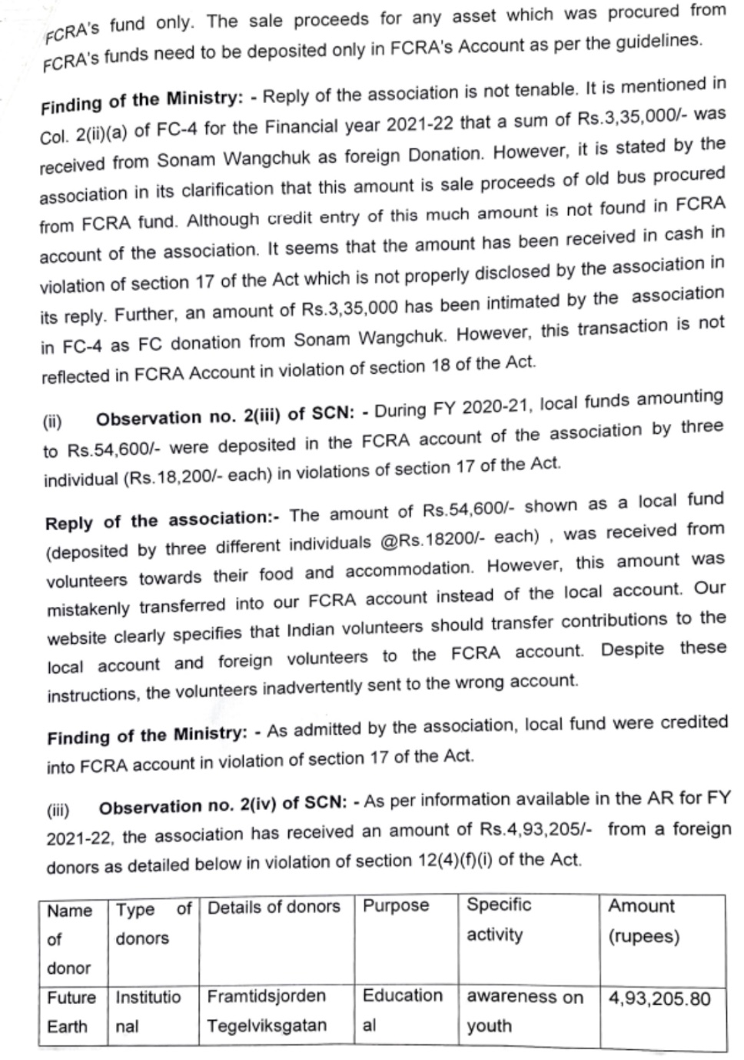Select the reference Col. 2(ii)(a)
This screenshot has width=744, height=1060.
point(84,132)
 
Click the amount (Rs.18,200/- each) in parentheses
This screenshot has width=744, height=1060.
point(197,476)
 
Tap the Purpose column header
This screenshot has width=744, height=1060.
point(396,905)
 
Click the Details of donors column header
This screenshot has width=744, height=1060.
point(274,907)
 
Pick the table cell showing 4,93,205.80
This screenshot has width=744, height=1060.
point(659,998)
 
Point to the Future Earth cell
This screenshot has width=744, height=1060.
point(71,1012)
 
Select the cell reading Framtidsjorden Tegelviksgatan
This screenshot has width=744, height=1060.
point(267,1011)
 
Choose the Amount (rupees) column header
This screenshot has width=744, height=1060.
point(644,921)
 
